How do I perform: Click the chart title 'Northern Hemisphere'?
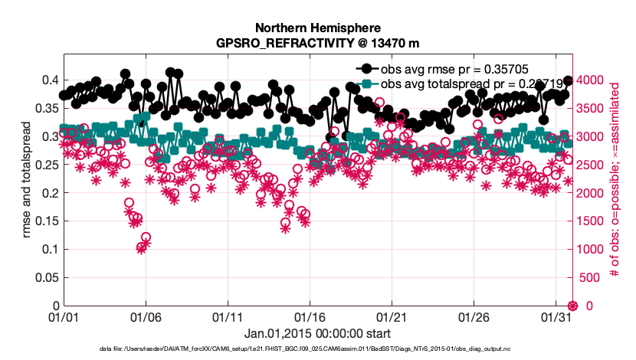click(x=317, y=28)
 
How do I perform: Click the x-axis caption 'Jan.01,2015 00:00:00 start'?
click(x=317, y=334)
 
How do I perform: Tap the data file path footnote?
click(x=317, y=349)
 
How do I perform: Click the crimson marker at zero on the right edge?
click(x=571, y=306)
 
